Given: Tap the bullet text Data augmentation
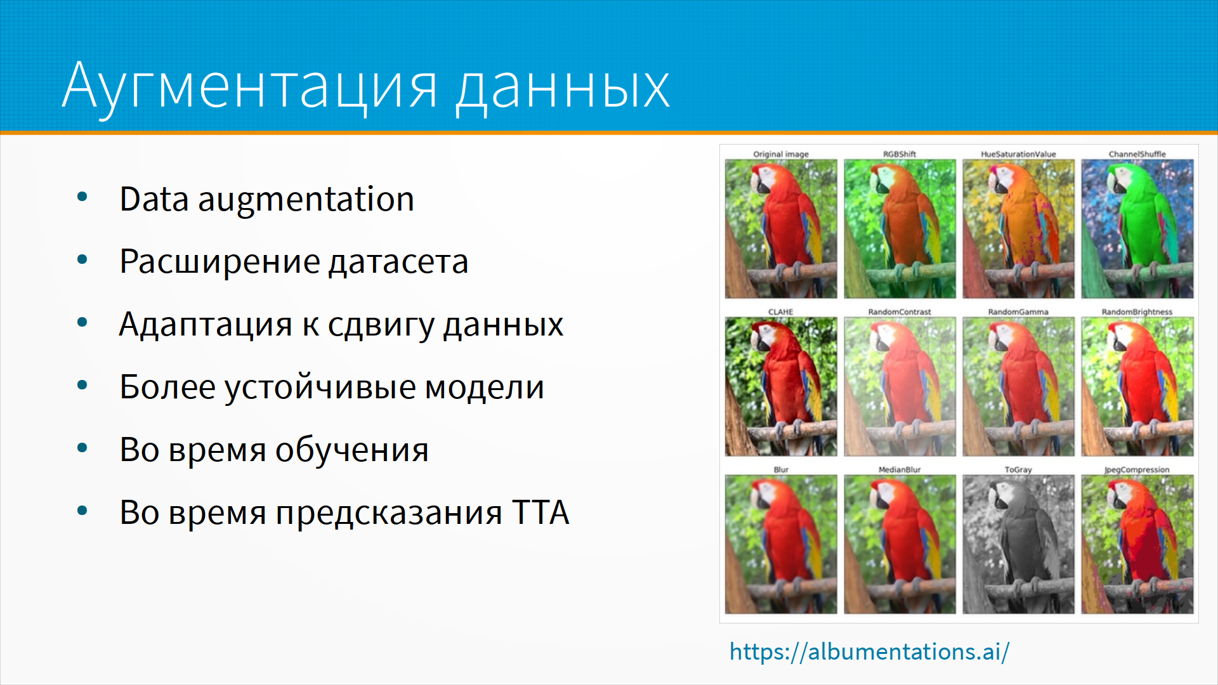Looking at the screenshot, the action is [267, 199].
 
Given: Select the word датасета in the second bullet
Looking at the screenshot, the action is [398, 262].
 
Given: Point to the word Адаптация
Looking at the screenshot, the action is [206, 325].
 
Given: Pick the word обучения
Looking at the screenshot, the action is [352, 450].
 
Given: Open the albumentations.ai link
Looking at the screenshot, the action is [869, 651].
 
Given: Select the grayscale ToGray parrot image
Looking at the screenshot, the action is [1018, 544].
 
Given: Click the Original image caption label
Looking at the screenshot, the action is [781, 154].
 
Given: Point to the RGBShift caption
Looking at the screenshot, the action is [900, 154].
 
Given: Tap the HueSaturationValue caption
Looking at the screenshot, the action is [1018, 154].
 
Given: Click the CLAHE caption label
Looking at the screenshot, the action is [781, 312].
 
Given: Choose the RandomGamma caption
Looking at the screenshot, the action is [1018, 312].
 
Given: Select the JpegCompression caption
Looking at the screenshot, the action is [1137, 470].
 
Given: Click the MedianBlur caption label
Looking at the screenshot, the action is [900, 470].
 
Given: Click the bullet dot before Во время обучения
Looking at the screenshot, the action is [82, 448].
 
